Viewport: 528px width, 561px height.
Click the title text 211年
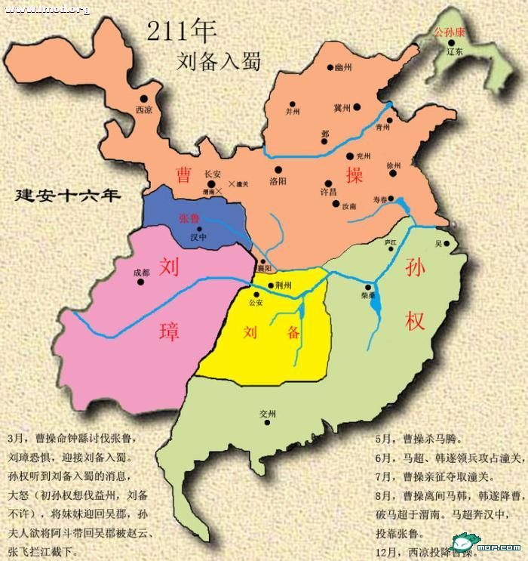point(182,32)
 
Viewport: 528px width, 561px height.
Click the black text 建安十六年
point(69,196)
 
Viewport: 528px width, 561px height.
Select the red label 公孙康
point(450,34)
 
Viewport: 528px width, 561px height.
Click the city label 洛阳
point(278,181)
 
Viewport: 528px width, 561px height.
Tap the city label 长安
point(213,174)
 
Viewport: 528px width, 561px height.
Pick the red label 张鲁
point(189,218)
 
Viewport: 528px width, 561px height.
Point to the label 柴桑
point(370,297)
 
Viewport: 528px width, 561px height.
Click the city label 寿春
point(384,199)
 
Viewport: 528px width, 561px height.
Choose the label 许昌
point(329,193)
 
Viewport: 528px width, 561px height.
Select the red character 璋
point(169,329)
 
